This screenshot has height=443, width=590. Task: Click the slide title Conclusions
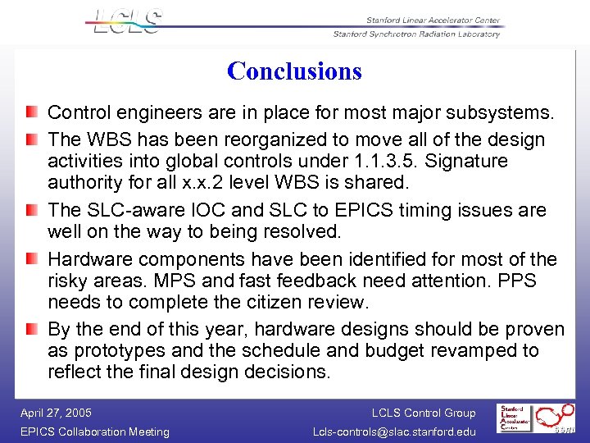pos(294,71)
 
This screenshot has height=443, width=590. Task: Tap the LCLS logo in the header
pos(127,22)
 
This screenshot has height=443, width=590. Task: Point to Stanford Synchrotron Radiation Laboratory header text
pos(416,34)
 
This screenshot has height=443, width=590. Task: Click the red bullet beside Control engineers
pos(30,111)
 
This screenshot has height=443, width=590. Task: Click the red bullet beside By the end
pos(30,330)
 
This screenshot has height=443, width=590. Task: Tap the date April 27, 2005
pos(56,413)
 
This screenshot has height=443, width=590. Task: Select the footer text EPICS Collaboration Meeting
pos(94,432)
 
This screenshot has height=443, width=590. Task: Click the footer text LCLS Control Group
pos(423,413)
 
